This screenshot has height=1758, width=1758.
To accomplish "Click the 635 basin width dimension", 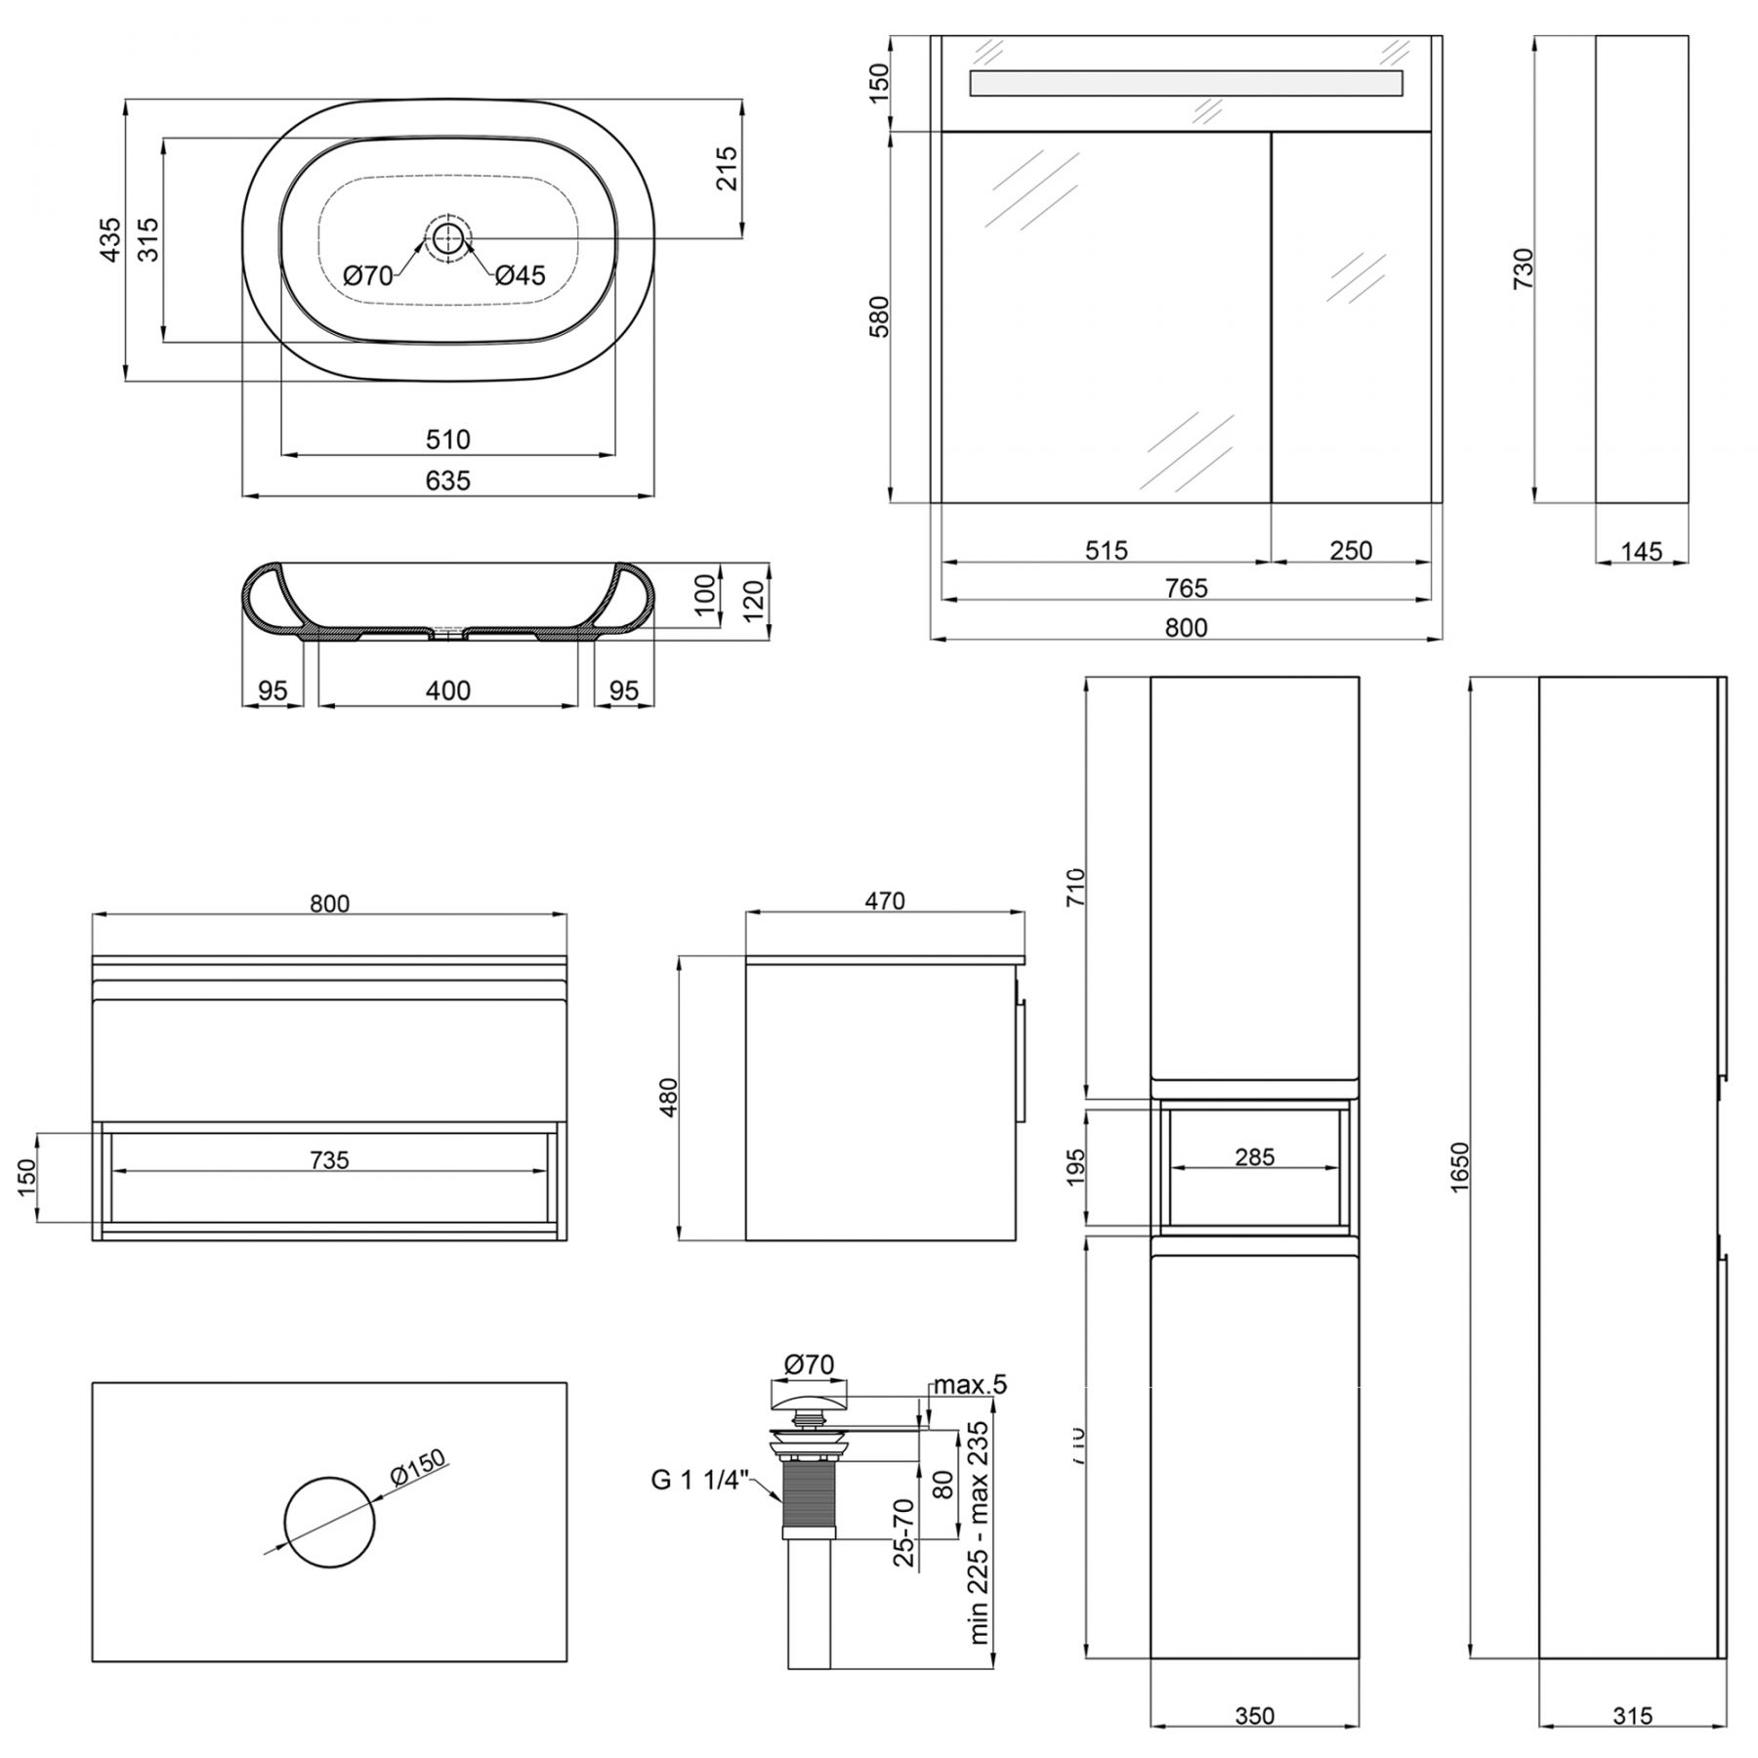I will point(448,481).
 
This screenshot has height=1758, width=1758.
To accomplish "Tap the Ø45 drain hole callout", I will point(520,276).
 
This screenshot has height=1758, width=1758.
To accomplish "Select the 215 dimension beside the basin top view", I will point(727,167).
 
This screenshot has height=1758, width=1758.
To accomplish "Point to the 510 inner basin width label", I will point(448,439).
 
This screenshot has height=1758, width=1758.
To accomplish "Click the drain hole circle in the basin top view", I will point(447,237).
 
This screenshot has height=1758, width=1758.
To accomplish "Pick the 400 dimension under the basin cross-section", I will point(448,691).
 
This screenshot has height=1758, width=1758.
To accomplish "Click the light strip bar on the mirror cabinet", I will point(1186,83).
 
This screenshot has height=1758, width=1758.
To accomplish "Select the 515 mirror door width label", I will point(1107,551).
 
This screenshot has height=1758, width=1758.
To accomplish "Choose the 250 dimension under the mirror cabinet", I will point(1351,551).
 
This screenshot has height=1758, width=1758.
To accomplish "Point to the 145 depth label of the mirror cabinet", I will point(1641,552).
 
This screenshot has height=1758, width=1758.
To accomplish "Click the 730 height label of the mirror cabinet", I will point(1523,269).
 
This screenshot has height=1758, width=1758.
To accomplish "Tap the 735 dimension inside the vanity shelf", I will point(329,1159).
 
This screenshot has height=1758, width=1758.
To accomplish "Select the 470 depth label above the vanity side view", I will point(885,900).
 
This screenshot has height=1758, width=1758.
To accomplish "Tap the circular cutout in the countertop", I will point(329,1524).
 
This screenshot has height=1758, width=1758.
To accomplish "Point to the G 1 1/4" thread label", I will point(699,1480).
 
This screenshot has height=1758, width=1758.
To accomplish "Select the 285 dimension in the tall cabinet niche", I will point(1254,1157).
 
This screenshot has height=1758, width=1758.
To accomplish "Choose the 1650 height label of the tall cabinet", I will point(1459,1167).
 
